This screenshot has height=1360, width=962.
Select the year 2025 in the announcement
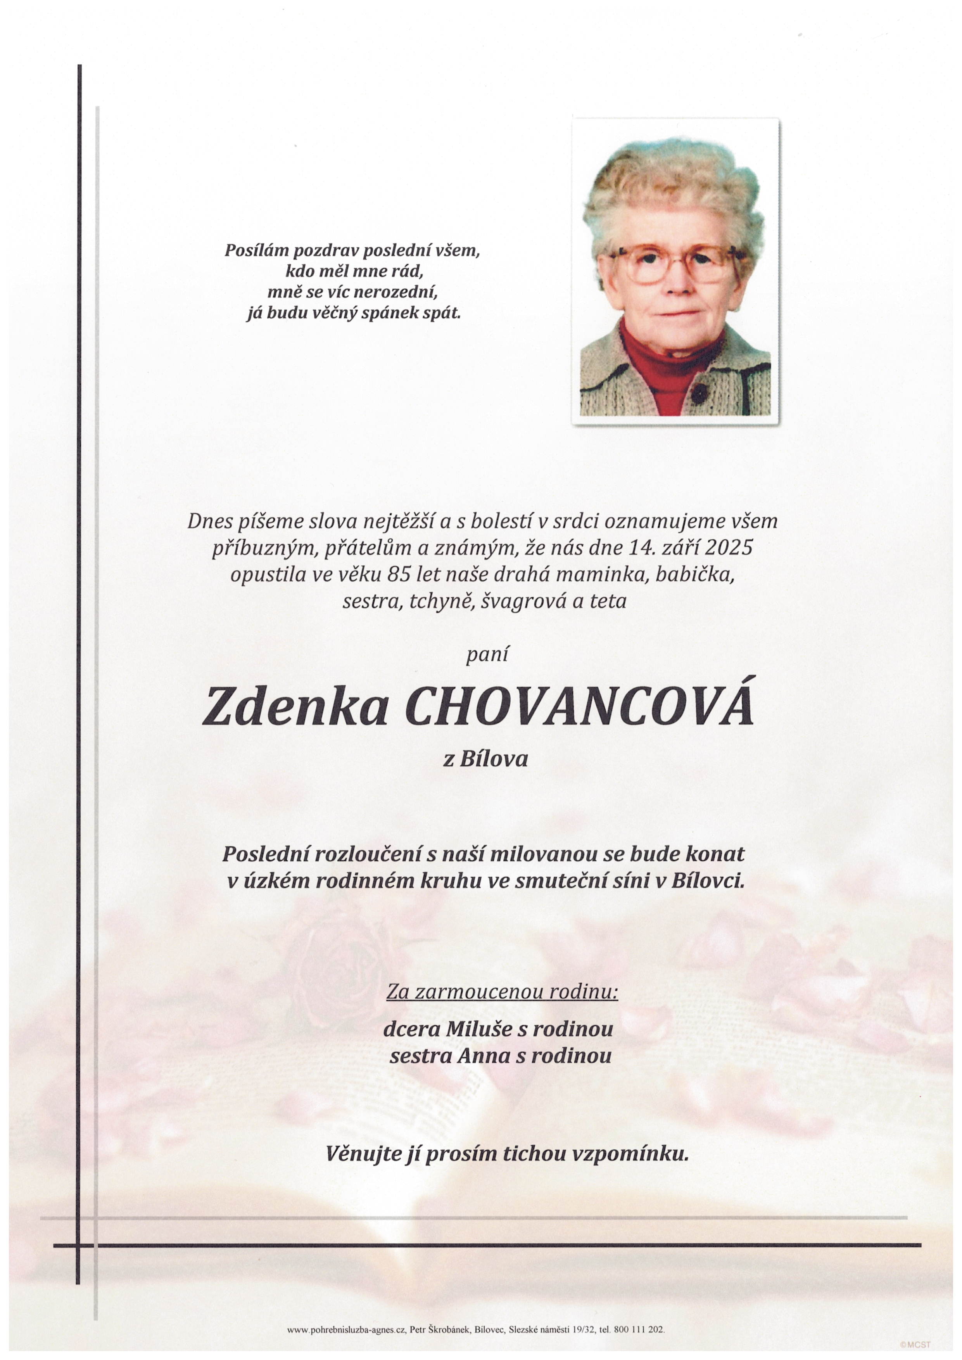724,547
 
